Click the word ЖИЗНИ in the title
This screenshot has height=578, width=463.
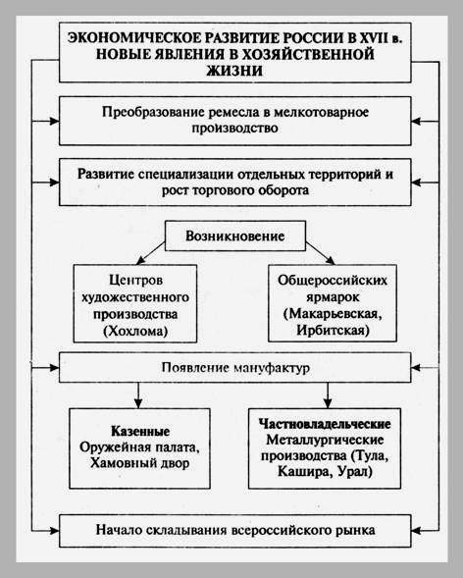tap(234, 71)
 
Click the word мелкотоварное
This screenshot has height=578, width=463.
tap(321, 113)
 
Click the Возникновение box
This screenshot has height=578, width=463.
tap(235, 236)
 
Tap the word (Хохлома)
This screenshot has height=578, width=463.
tap(135, 331)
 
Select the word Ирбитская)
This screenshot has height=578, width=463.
tap(333, 330)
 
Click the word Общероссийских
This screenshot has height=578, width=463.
tap(333, 280)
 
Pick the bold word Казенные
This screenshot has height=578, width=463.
tap(140, 431)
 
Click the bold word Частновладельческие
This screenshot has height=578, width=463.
tap(325, 424)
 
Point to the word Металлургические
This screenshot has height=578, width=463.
tap(325, 440)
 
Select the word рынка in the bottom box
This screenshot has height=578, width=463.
tap(355, 530)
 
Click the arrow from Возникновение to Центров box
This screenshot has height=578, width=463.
tap(151, 253)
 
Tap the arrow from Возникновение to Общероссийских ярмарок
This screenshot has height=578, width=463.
tap(321, 253)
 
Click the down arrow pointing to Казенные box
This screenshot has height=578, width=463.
tap(138, 395)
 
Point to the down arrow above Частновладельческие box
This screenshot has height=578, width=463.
tap(328, 395)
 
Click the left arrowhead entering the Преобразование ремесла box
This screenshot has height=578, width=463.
tap(54, 121)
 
